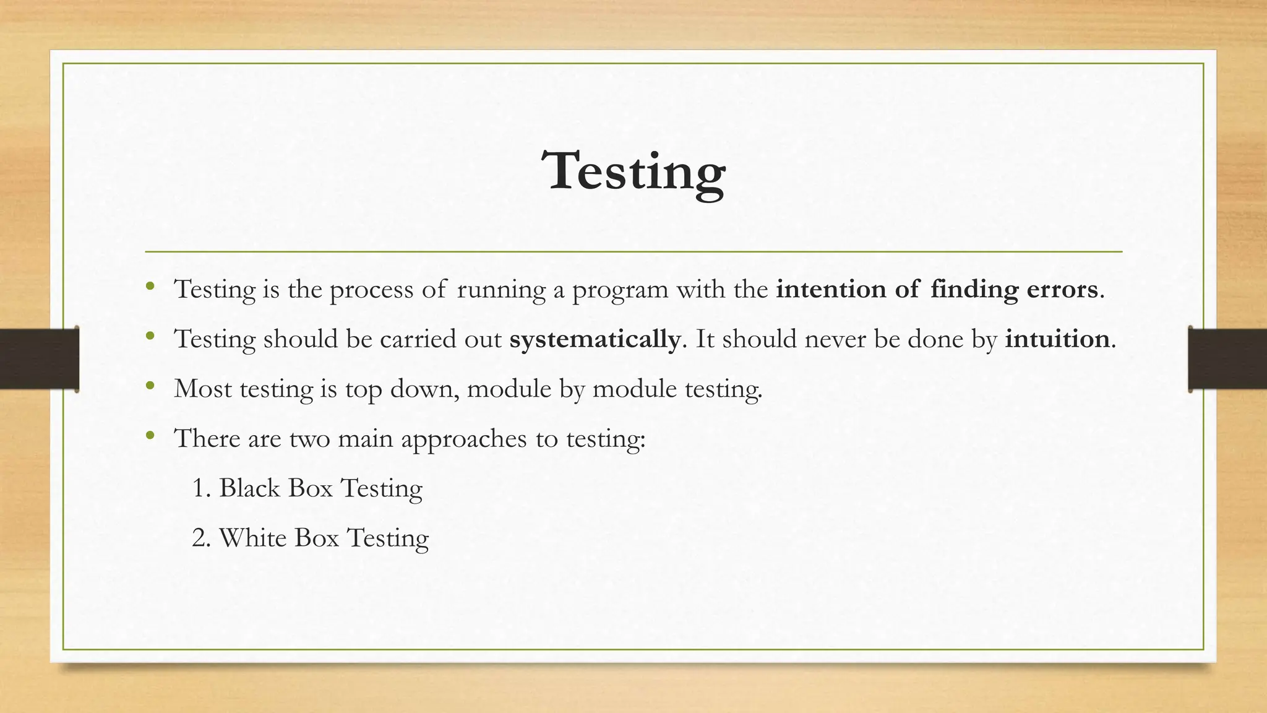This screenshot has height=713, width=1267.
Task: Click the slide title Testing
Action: coord(633,171)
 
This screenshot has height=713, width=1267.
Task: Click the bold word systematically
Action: coord(595,339)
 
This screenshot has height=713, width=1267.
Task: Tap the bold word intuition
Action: coord(1057,339)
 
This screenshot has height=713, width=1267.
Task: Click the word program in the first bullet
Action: coord(620,290)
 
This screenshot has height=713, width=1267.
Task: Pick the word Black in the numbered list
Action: coord(249,488)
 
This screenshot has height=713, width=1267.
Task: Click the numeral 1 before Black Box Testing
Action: coord(198,488)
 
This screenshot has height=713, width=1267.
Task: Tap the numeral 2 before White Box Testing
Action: coord(199,538)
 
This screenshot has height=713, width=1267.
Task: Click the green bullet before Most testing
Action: coord(150,386)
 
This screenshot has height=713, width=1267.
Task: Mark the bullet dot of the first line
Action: coord(150,287)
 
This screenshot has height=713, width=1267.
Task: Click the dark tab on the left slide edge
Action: coord(38,359)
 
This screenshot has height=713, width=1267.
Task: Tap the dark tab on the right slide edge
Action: coord(1227,359)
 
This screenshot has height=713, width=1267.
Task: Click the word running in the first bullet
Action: coord(501,290)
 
